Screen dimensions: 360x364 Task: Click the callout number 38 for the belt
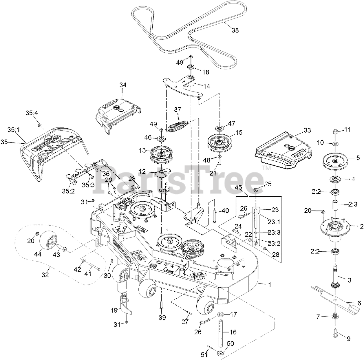click(x=235, y=30)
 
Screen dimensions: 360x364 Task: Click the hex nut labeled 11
click(x=333, y=131)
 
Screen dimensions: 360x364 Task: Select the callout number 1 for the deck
click(x=269, y=285)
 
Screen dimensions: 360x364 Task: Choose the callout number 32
click(x=45, y=275)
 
